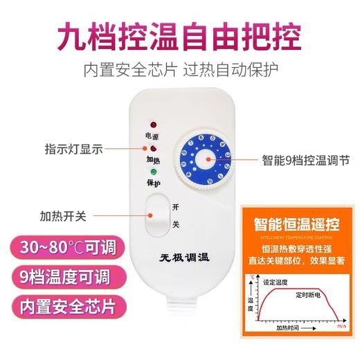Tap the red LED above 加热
[x=152, y=148]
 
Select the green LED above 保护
[x=152, y=171]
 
